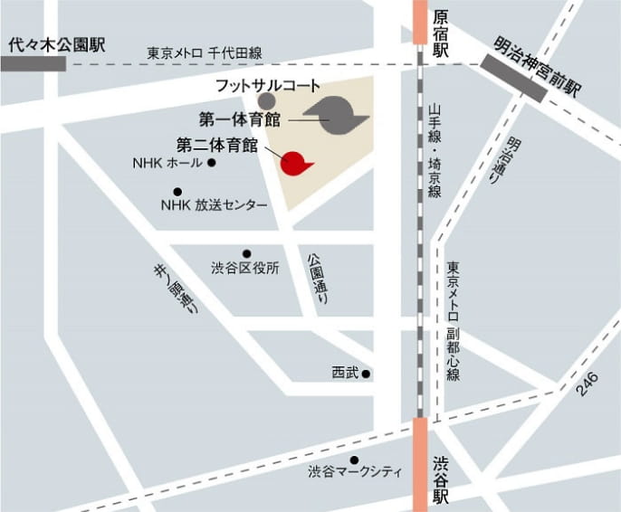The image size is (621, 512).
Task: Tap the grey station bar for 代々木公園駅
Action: coord(33,63)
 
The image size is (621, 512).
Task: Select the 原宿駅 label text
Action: coord(441,33)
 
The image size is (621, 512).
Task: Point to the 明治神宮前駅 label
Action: coord(538,66)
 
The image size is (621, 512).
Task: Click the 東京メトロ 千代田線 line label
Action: coord(205,54)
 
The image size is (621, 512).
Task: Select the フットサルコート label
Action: coord(268,85)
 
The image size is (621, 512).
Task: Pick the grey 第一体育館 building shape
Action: coord(336,114)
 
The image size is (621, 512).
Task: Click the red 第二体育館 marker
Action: coord(293,163)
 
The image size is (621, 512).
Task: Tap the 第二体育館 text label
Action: coord(216,144)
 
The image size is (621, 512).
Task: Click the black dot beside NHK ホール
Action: coord(211,163)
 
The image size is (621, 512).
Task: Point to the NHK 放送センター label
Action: coord(214,205)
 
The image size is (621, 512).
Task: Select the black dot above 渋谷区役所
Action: coord(246,253)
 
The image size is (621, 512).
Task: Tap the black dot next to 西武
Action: coord(367,373)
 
